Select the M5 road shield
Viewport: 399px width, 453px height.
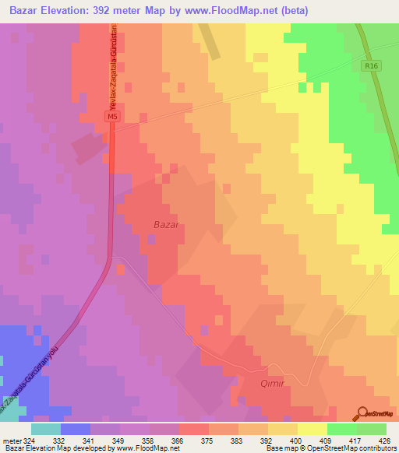(112, 116)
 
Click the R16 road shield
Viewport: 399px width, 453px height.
(370, 68)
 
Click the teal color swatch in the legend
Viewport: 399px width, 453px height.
(46, 429)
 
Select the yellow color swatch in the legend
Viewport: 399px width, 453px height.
(312, 429)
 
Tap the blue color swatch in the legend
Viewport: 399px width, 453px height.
(76, 429)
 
